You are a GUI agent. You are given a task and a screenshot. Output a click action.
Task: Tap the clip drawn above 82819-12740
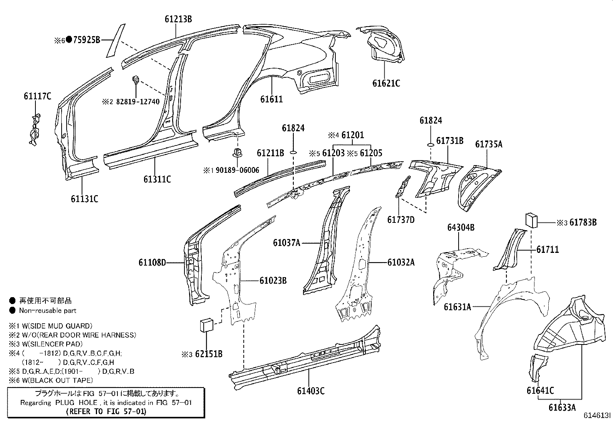click(136, 80)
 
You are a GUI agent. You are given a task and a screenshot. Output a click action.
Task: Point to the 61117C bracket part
click(35, 129)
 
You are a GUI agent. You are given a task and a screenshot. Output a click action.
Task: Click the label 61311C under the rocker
click(157, 179)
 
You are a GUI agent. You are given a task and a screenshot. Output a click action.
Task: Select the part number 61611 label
click(271, 99)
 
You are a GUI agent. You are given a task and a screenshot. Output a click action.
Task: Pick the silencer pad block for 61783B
click(531, 221)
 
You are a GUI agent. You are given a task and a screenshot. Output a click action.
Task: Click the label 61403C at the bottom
click(310, 391)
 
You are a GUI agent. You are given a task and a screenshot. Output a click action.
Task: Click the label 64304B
click(461, 227)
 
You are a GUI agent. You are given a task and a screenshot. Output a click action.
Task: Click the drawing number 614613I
click(597, 416)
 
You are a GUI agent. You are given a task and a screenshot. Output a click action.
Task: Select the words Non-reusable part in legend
click(48, 311)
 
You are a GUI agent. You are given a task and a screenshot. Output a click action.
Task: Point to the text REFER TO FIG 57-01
click(106, 411)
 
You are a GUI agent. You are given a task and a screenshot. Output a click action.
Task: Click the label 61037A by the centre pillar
click(286, 243)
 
